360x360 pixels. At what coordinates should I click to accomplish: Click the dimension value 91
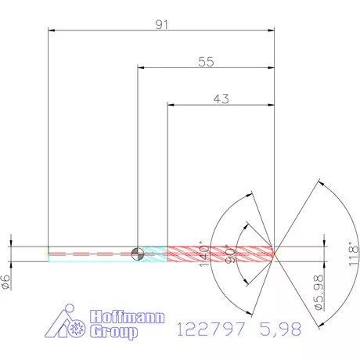pos(163,24)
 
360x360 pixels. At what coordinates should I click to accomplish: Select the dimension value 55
pos(206,63)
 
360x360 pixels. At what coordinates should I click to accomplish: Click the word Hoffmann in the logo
pos(118,318)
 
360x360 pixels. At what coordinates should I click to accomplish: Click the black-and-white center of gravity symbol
pos(138,252)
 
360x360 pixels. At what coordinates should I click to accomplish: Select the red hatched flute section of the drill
pos(219,252)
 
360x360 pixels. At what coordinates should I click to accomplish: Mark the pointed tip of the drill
pos(275,252)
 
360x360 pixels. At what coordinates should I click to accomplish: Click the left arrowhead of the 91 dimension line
pos(51,31)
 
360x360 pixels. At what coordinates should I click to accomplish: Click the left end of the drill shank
pos(49,252)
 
